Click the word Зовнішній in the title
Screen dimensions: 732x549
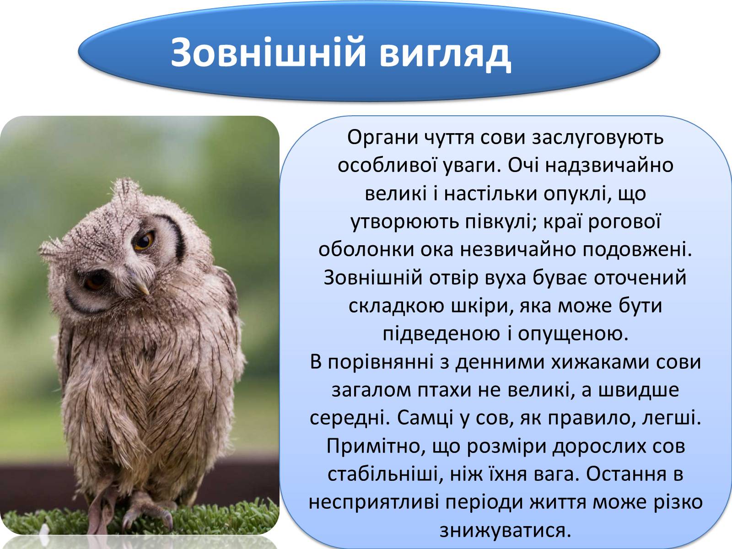point(269,52)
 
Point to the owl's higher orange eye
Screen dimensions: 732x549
point(144,241)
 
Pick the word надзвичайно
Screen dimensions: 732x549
point(609,166)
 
